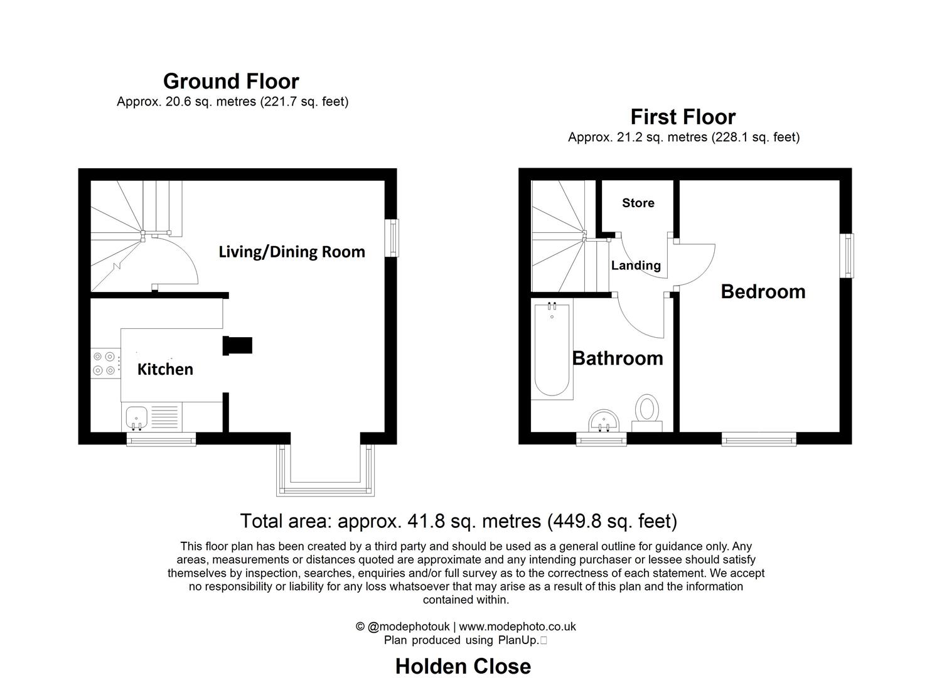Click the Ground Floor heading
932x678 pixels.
[231, 81]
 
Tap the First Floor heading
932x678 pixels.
[683, 117]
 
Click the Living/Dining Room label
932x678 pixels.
[292, 252]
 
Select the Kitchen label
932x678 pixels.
[165, 369]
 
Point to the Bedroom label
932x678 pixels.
[763, 291]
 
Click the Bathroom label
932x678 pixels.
[618, 358]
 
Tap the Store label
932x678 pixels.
[638, 203]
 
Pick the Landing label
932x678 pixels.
[636, 266]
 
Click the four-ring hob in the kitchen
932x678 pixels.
[104, 363]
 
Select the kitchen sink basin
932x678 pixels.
[136, 418]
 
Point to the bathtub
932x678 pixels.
[552, 350]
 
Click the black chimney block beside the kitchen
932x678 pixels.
[237, 345]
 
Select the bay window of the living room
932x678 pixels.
[325, 470]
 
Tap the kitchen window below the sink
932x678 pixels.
[161, 439]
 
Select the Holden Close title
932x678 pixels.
[463, 666]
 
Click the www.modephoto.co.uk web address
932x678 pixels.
[517, 627]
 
